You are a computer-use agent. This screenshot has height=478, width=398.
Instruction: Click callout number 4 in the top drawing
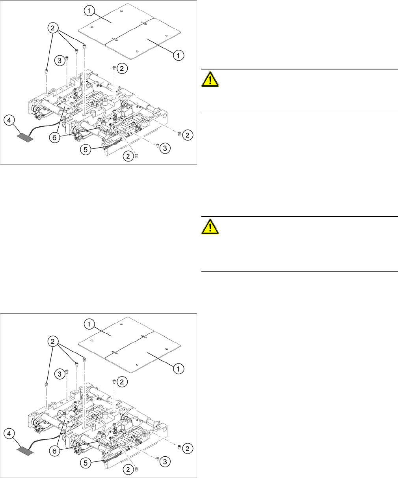tap(9, 120)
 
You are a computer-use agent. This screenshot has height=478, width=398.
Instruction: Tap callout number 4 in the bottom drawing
tap(9, 433)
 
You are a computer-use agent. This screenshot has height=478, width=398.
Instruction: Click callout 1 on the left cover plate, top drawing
tap(90, 11)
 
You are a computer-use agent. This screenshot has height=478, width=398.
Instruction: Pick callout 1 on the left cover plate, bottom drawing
tap(90, 324)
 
